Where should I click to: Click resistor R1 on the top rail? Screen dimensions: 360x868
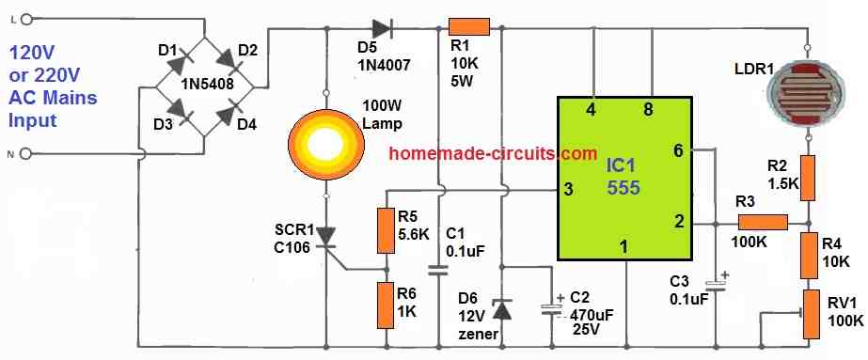tap(467, 28)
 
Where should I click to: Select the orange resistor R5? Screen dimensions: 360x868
tap(384, 231)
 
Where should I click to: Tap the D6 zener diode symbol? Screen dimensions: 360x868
tap(502, 309)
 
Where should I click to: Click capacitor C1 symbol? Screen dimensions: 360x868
tap(437, 271)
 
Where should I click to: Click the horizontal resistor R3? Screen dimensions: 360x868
tap(762, 223)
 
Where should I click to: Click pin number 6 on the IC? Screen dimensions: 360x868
tap(679, 149)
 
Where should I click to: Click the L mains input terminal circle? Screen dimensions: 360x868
tap(25, 18)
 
